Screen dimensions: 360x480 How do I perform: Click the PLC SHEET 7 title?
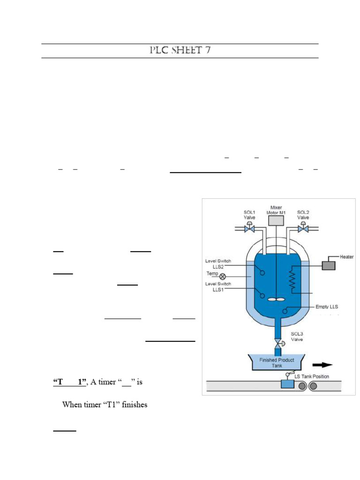180,50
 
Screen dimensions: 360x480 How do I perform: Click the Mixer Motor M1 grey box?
276,220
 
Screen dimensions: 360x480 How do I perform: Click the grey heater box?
329,265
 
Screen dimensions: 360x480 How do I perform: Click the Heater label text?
346,257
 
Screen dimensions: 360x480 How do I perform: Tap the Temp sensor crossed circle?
223,277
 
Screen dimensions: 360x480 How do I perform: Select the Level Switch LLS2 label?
218,264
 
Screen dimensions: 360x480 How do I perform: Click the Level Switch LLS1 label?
218,287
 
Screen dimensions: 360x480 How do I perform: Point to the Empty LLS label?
327,307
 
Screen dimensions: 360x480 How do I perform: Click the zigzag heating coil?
292,279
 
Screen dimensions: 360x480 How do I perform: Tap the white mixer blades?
276,300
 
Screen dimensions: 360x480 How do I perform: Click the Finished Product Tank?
277,362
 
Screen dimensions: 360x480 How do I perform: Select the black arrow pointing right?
322,365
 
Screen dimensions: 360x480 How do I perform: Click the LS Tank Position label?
312,376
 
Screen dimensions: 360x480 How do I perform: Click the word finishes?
135,405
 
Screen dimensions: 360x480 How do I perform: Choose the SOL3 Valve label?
297,337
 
